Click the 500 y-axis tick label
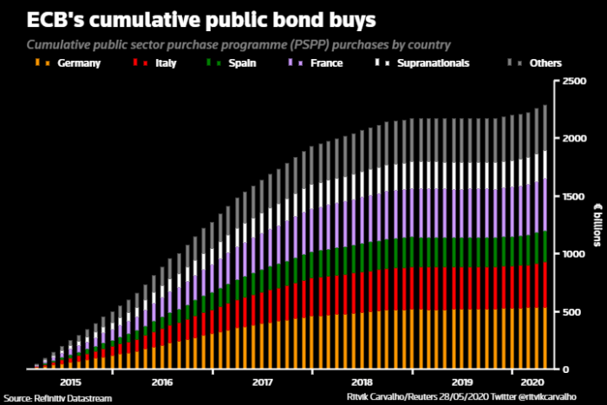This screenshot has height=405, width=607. pyautogui.click(x=571, y=311)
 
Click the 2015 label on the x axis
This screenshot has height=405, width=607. pyautogui.click(x=72, y=381)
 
